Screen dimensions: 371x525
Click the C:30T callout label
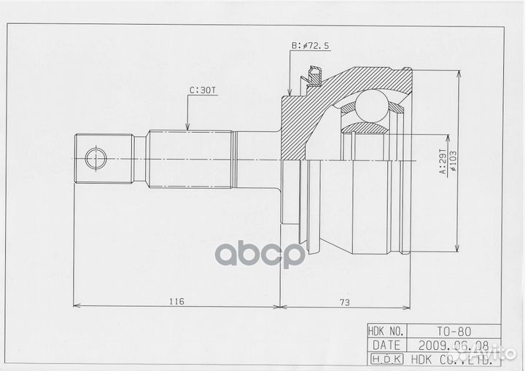click(203, 91)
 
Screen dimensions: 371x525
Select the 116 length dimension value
click(176, 300)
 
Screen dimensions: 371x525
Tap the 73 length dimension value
click(343, 300)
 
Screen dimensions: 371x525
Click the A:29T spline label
click(443, 171)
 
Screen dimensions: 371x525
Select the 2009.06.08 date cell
click(452, 345)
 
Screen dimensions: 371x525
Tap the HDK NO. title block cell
click(386, 330)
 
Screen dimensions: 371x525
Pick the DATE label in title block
click(386, 345)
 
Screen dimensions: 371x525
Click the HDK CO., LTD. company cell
click(452, 359)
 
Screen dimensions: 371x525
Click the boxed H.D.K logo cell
click(386, 359)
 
